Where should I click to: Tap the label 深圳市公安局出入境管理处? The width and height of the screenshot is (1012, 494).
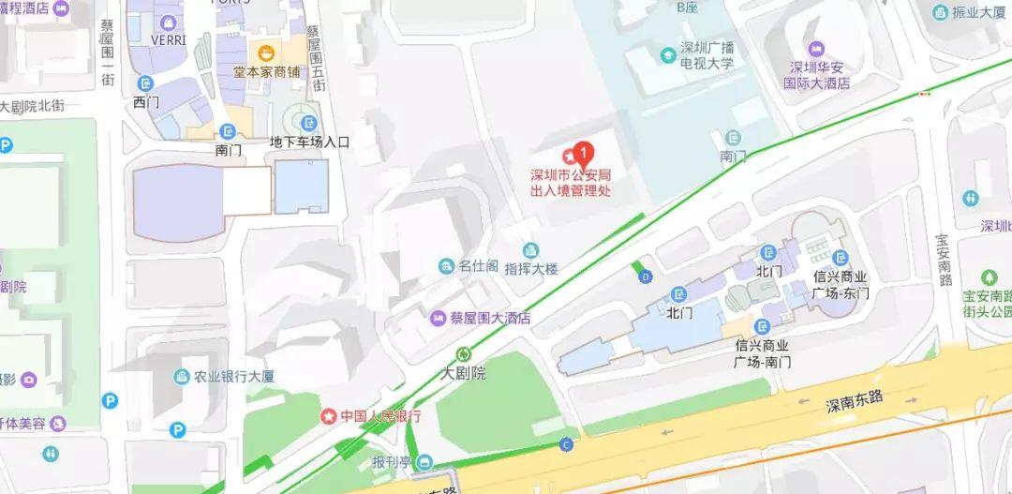[x=571, y=183]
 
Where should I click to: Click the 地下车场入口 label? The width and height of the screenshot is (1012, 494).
[x=308, y=142]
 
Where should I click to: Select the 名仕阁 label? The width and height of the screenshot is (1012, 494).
[x=476, y=266]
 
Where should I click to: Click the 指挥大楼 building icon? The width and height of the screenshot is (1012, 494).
[x=531, y=250]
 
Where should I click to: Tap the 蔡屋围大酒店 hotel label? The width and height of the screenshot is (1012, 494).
[x=489, y=318]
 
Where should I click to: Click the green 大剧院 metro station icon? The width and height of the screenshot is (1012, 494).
[x=464, y=353]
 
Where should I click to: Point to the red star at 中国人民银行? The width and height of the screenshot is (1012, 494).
[x=328, y=415]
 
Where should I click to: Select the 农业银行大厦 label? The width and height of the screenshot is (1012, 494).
[x=233, y=377]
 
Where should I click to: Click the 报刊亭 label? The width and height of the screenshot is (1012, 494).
[x=392, y=462]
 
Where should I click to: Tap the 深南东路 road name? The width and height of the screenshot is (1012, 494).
[x=855, y=404]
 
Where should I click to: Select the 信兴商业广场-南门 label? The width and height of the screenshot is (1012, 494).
[x=765, y=352]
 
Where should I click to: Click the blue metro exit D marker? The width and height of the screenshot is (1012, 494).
[x=645, y=277]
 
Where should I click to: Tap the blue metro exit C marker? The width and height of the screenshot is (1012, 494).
[x=565, y=444]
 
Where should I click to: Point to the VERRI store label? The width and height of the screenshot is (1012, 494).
[x=169, y=39]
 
